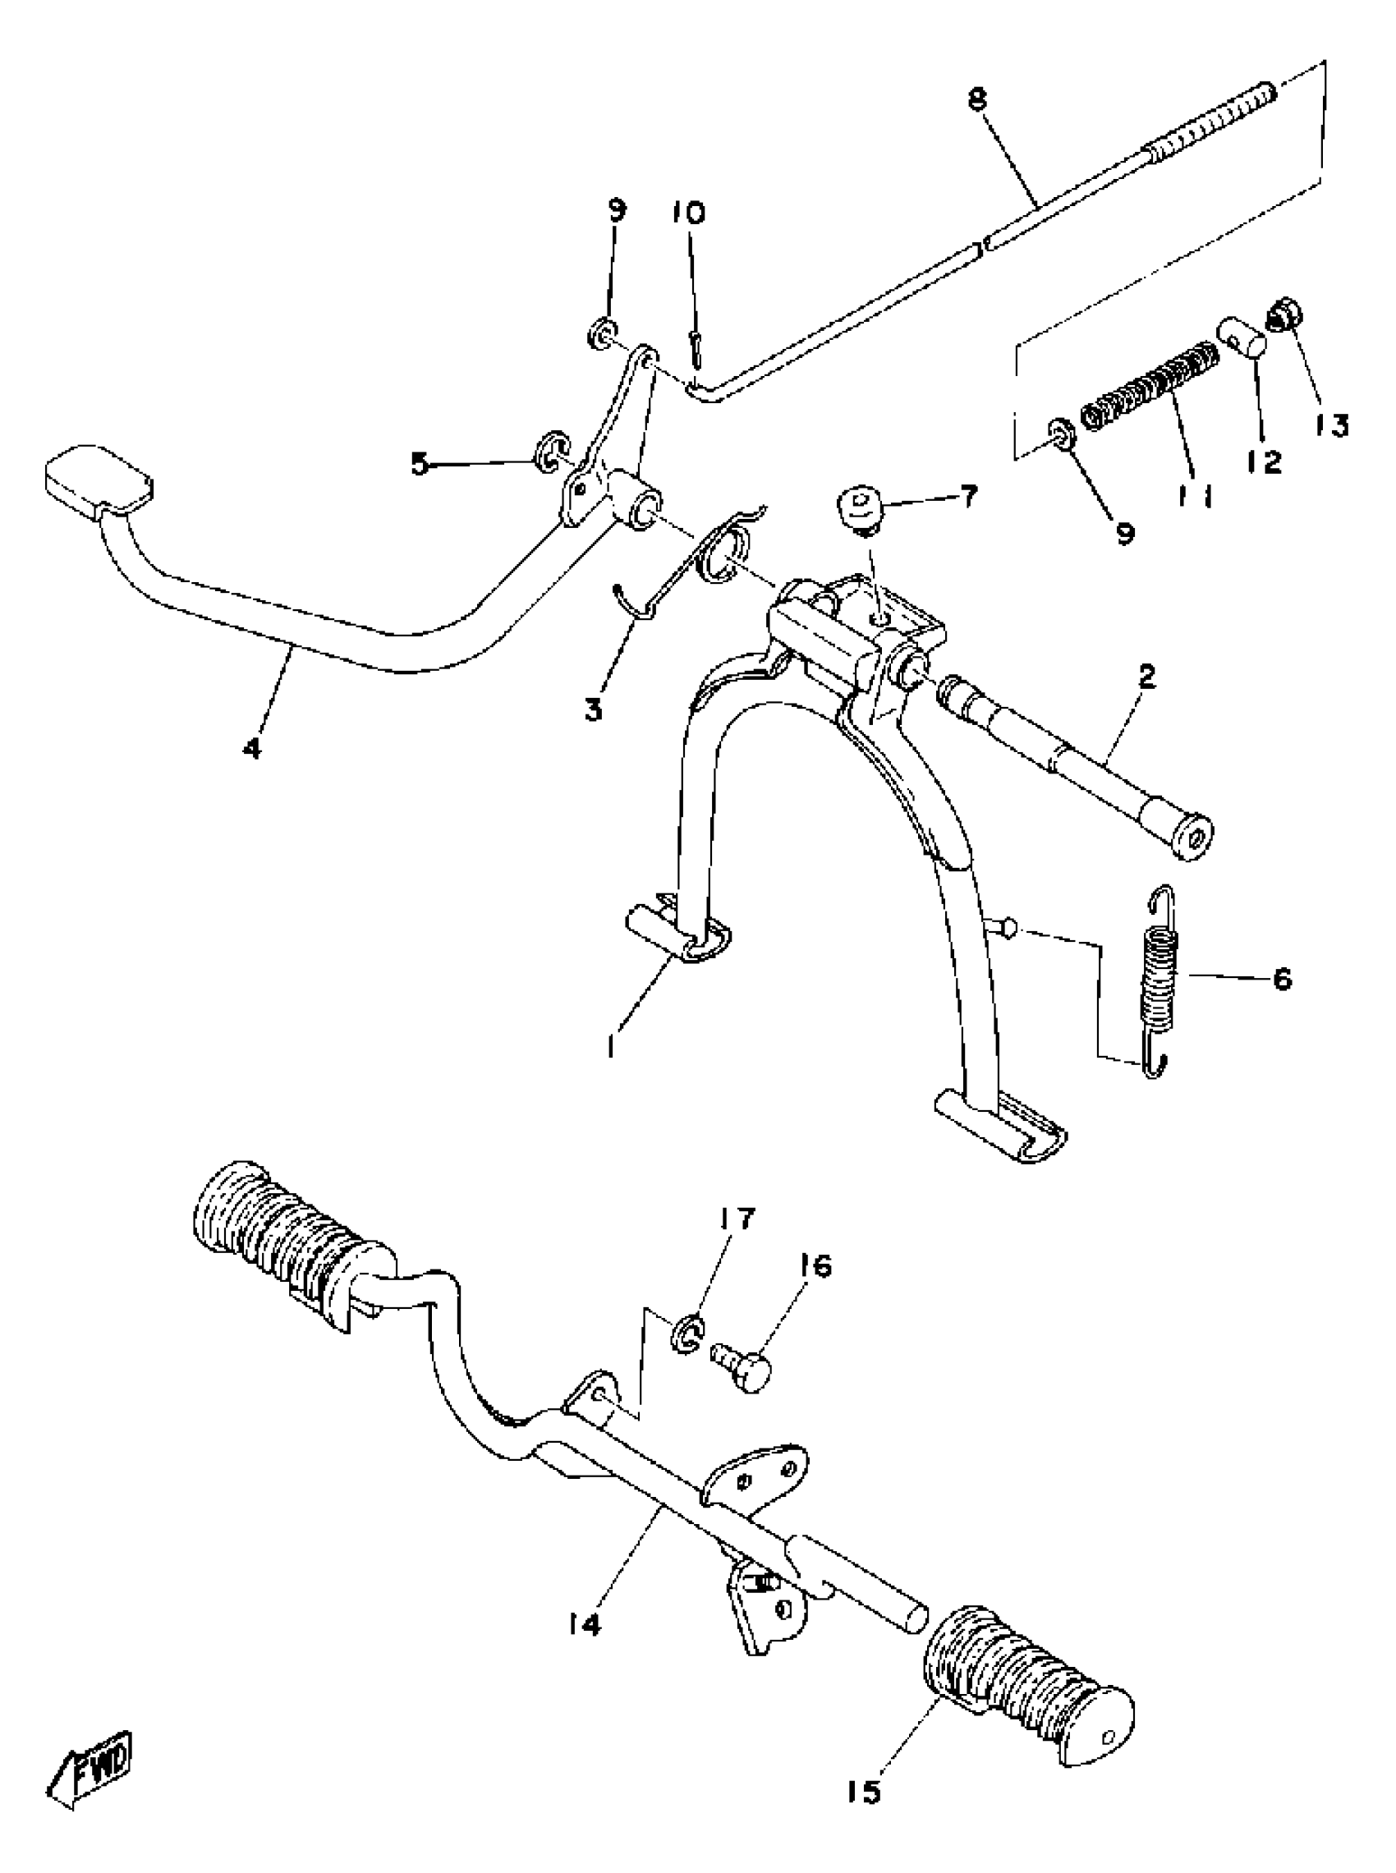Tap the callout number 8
977,100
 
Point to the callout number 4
252,748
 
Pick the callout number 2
1146,677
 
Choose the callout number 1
609,1047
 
